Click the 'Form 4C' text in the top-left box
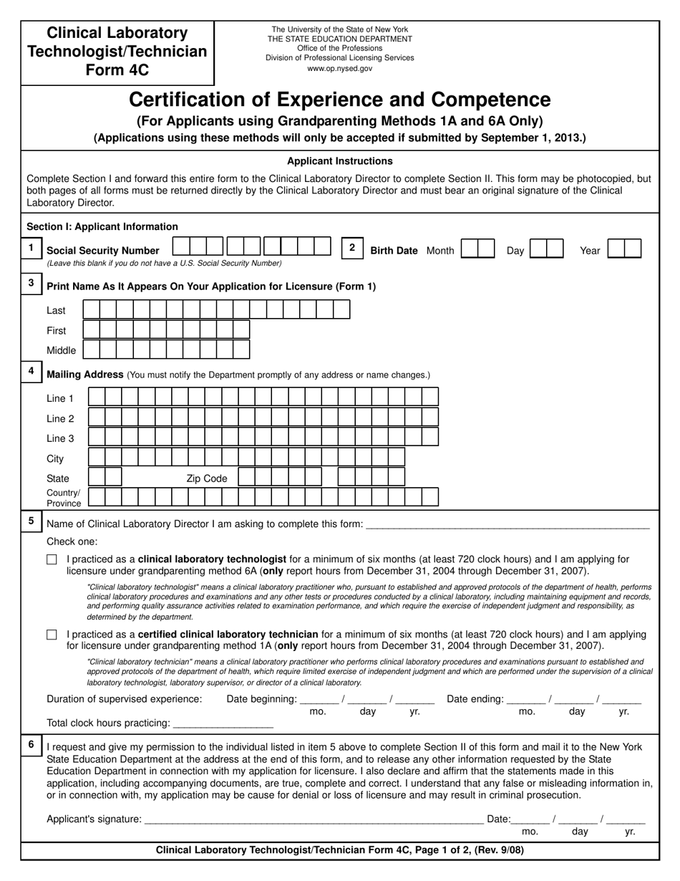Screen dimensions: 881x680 117,70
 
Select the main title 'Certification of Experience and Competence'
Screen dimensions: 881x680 339,100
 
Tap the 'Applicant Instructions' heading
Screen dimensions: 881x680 339,161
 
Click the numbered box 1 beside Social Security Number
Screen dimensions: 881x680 31,248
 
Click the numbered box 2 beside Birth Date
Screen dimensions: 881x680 351,248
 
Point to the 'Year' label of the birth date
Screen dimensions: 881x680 590,251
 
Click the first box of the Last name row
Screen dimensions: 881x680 92,309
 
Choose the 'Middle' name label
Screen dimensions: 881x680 61,350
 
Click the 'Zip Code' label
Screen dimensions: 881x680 206,478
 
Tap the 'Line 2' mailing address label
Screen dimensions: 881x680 60,418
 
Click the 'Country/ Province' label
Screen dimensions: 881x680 64,498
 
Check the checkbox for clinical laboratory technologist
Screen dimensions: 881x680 52,560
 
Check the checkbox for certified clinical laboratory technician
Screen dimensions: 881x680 52,635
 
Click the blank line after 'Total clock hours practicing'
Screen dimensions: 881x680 223,723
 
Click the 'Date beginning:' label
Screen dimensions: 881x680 261,699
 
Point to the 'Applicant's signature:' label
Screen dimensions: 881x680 94,819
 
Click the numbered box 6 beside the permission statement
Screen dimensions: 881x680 31,745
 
